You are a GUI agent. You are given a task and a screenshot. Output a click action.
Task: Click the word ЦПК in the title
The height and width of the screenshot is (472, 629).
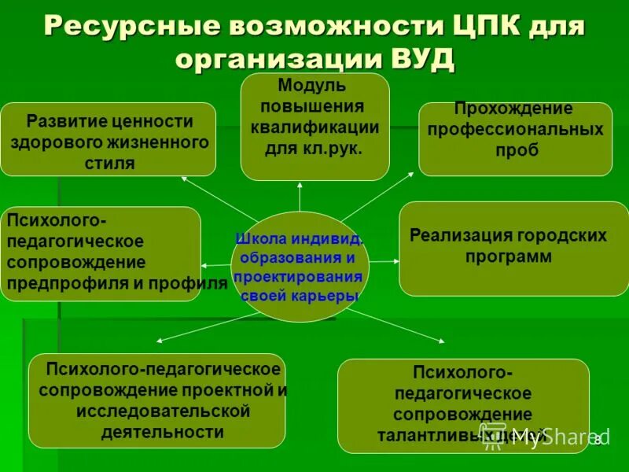476,25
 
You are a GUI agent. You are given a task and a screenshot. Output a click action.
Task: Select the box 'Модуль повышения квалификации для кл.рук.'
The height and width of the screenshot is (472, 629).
314,127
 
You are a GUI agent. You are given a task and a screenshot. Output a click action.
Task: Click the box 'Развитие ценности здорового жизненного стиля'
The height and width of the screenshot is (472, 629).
109,138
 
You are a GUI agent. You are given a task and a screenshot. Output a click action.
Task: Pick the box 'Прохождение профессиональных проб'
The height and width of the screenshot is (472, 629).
515,138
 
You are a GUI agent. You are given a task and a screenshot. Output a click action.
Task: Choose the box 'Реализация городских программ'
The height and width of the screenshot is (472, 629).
513,248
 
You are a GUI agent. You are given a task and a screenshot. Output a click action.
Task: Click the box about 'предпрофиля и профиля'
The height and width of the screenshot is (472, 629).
101,253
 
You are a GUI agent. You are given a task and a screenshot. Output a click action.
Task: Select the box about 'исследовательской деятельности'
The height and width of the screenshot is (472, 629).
157,400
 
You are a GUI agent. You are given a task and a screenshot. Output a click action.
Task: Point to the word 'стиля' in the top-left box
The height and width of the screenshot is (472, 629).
109,163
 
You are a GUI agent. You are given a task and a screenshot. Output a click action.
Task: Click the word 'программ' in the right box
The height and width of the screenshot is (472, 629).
508,257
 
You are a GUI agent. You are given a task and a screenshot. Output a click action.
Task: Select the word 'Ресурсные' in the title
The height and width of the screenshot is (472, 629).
127,25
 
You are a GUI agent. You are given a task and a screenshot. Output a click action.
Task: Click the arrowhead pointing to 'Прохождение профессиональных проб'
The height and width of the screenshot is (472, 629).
410,173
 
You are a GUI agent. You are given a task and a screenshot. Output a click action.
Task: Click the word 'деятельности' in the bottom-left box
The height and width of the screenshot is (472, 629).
163,431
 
